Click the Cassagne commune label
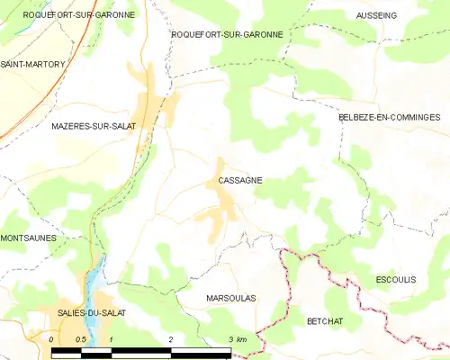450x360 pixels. [x=240, y=180]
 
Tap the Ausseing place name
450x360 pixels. [x=376, y=15]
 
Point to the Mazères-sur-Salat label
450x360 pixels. [x=94, y=126]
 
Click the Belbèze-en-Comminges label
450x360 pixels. [x=389, y=117]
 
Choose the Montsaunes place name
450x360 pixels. [x=28, y=238]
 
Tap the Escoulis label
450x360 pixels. [x=396, y=280]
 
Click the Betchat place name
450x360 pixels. [x=325, y=320]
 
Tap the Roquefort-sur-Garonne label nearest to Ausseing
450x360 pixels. [x=227, y=34]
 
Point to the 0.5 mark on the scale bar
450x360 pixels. [x=81, y=339]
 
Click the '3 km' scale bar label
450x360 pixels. [x=237, y=339]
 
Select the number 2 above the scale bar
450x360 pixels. [x=170, y=339]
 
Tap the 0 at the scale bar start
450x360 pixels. [x=52, y=339]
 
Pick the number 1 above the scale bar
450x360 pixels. [x=111, y=339]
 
